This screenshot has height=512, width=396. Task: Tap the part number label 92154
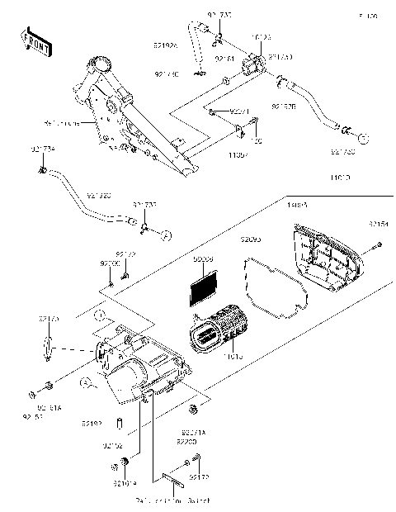(x=379, y=224)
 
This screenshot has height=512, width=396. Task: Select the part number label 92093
(x=251, y=239)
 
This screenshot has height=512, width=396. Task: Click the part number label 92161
(x=225, y=59)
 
